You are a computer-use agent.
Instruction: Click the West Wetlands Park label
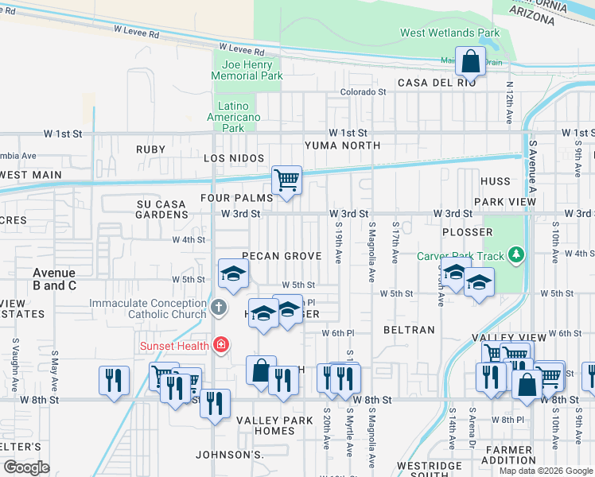[449, 33]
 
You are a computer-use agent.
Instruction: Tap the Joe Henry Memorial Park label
[247, 70]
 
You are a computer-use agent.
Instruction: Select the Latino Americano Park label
[234, 117]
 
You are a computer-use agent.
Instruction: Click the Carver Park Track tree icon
[517, 255]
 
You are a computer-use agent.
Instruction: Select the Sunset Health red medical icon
[221, 345]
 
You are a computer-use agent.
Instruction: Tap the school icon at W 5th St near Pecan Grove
[233, 273]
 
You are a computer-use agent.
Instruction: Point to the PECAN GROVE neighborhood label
[282, 256]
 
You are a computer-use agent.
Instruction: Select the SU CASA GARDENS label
[161, 209]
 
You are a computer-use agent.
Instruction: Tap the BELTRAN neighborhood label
[409, 329]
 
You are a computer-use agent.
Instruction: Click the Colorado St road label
[363, 92]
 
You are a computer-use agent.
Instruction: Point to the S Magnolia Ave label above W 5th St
[371, 251]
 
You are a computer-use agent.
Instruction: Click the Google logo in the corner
[26, 467]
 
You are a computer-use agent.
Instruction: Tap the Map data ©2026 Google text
[546, 471]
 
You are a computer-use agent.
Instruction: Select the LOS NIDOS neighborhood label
[233, 158]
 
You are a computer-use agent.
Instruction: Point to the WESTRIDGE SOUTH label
[430, 471]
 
